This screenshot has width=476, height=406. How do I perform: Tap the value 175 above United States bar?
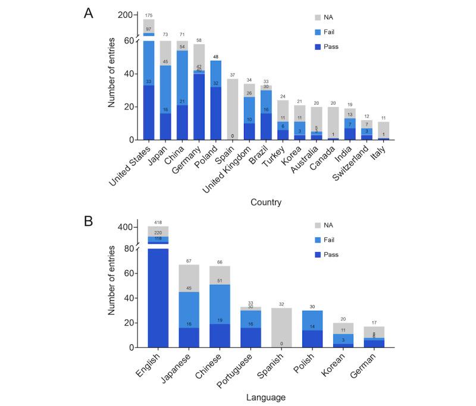(149, 14)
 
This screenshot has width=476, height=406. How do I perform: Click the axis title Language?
(266, 397)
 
